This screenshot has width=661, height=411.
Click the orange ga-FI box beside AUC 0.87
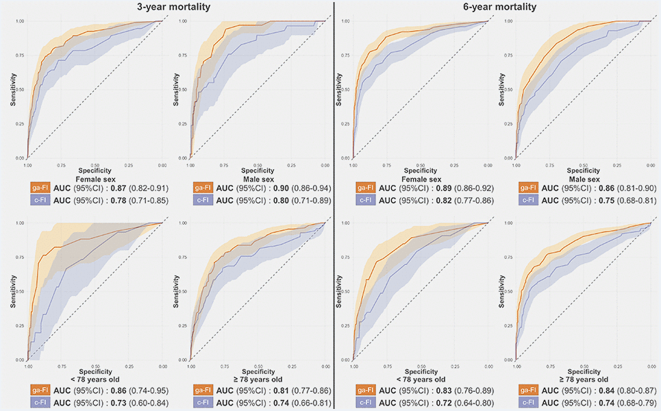tap(38, 186)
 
